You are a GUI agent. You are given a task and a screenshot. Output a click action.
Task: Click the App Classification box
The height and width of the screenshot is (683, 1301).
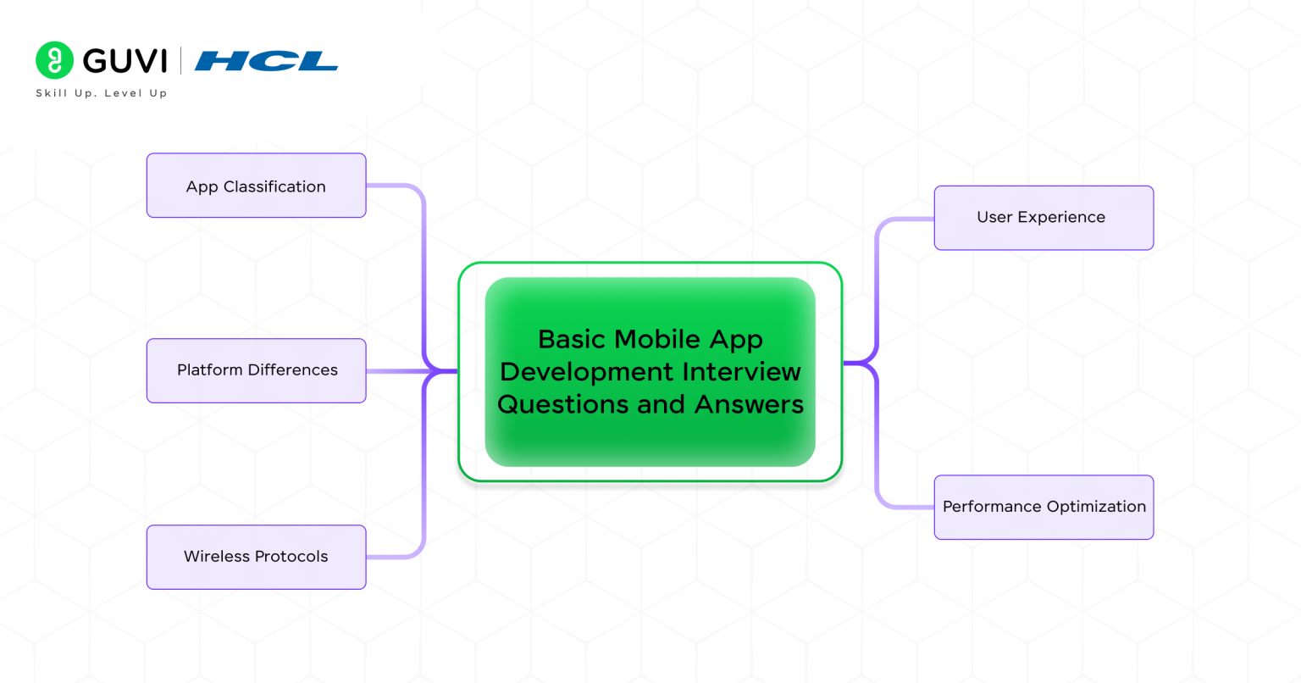coord(256,186)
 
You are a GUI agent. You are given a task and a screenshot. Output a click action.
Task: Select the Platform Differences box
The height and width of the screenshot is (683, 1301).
coord(256,370)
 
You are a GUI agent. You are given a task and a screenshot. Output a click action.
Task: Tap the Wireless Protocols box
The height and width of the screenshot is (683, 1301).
coord(256,557)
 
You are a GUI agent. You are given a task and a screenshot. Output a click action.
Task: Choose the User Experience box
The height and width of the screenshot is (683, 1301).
coord(1044,218)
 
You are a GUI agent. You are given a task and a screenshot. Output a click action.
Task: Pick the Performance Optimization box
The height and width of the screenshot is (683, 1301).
coord(1044,507)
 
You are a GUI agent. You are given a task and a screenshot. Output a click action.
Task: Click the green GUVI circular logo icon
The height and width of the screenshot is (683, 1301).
coord(54,60)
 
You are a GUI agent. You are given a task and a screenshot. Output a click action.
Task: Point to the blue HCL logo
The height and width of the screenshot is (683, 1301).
coord(266,61)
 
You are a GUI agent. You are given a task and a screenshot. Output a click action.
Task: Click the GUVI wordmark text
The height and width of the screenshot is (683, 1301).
coord(125,61)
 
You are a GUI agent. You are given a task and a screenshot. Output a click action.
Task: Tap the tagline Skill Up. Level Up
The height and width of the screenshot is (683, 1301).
coord(101,93)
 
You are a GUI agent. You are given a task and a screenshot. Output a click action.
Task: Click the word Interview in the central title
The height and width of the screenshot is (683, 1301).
coord(742,371)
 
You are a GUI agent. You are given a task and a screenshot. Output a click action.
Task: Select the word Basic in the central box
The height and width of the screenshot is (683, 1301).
coord(573,339)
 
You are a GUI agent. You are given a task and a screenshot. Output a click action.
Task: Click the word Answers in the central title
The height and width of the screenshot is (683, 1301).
coord(749,404)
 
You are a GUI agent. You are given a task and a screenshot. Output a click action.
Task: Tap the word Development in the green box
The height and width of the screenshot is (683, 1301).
coord(588,371)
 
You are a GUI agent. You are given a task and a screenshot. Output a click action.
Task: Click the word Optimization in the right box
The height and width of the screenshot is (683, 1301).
coord(1095,507)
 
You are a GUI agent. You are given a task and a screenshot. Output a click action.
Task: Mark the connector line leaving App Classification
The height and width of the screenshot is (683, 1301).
coord(394,186)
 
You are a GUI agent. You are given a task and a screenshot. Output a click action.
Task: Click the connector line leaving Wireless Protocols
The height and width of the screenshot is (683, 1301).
coord(394,557)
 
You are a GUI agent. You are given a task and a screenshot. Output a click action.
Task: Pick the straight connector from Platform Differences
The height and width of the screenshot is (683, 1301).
coord(394,371)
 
